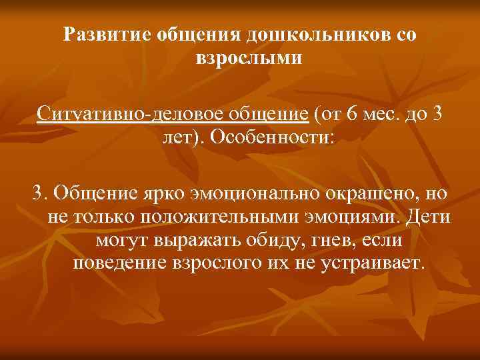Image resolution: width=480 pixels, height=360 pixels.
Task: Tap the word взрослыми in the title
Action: pos(249,58)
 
